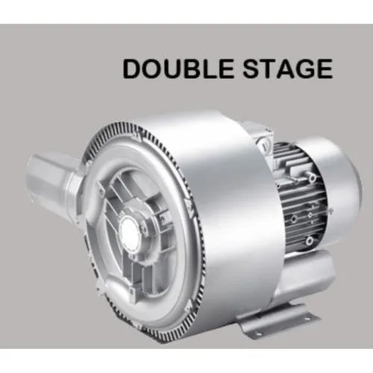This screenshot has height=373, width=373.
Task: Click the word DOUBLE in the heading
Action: click(x=178, y=69)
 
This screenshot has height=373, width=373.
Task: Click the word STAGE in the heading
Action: click(x=288, y=69)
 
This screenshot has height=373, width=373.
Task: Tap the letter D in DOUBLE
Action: click(x=132, y=69)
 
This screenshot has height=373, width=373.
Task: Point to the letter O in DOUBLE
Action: click(x=154, y=69)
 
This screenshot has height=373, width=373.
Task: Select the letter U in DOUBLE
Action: click(x=175, y=69)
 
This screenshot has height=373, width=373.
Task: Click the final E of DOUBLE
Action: click(x=226, y=69)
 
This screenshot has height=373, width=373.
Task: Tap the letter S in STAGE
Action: click(x=251, y=69)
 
